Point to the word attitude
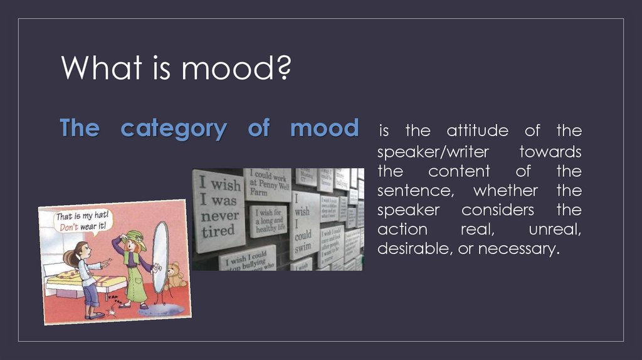pos(478,131)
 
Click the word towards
pos(550,152)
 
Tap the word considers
pos(498,209)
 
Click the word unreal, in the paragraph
pos(555,229)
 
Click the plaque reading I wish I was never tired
pos(218,208)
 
